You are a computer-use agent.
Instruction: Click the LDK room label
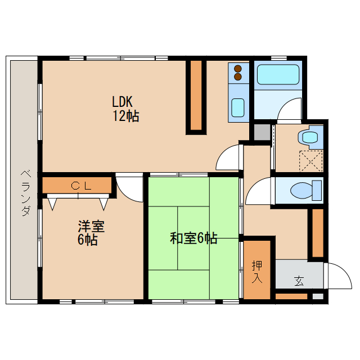[x=122, y=102]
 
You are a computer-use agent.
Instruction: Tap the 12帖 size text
[x=125, y=116]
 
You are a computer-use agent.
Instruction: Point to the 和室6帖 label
[x=193, y=238]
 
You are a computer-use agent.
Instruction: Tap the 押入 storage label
[x=257, y=271]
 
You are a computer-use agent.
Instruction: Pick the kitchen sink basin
[x=238, y=106]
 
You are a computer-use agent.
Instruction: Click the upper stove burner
[x=238, y=69]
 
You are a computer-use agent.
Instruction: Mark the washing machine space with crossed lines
[x=310, y=160]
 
